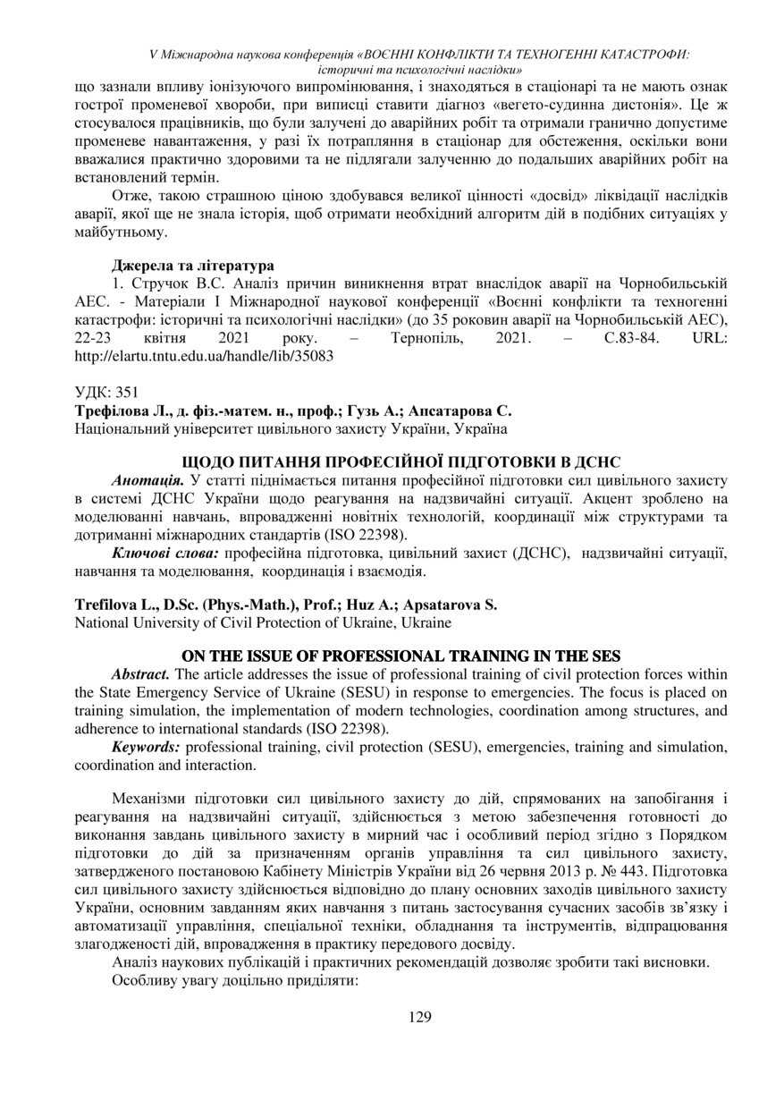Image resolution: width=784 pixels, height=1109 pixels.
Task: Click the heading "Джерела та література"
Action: [x=192, y=265]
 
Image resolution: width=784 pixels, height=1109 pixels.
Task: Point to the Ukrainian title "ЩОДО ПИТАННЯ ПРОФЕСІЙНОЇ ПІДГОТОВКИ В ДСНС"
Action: [x=400, y=462]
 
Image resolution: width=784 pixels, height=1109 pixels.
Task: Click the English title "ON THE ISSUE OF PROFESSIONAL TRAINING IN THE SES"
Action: [x=400, y=656]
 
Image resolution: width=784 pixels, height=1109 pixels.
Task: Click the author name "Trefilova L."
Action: [x=112, y=605]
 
